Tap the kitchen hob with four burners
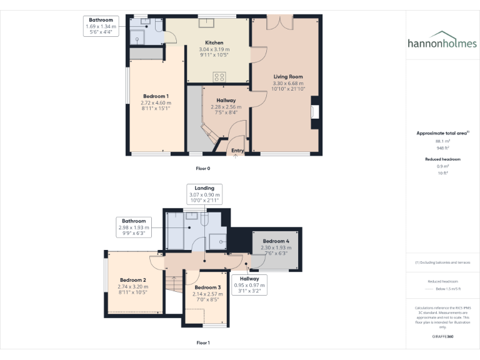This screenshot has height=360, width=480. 219,77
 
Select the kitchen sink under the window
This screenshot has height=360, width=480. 206,24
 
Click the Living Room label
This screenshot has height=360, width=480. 288,77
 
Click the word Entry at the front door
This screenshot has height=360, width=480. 237,151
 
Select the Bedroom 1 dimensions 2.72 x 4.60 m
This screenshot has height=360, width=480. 156,103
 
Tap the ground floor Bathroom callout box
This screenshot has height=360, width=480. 102,27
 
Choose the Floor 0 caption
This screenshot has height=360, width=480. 203,169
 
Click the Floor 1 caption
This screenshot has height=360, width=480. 203,342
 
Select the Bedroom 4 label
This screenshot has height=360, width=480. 276,241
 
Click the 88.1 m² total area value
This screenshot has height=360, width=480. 442,141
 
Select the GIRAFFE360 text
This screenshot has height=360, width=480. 442,336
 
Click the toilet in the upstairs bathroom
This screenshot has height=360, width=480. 192,216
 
